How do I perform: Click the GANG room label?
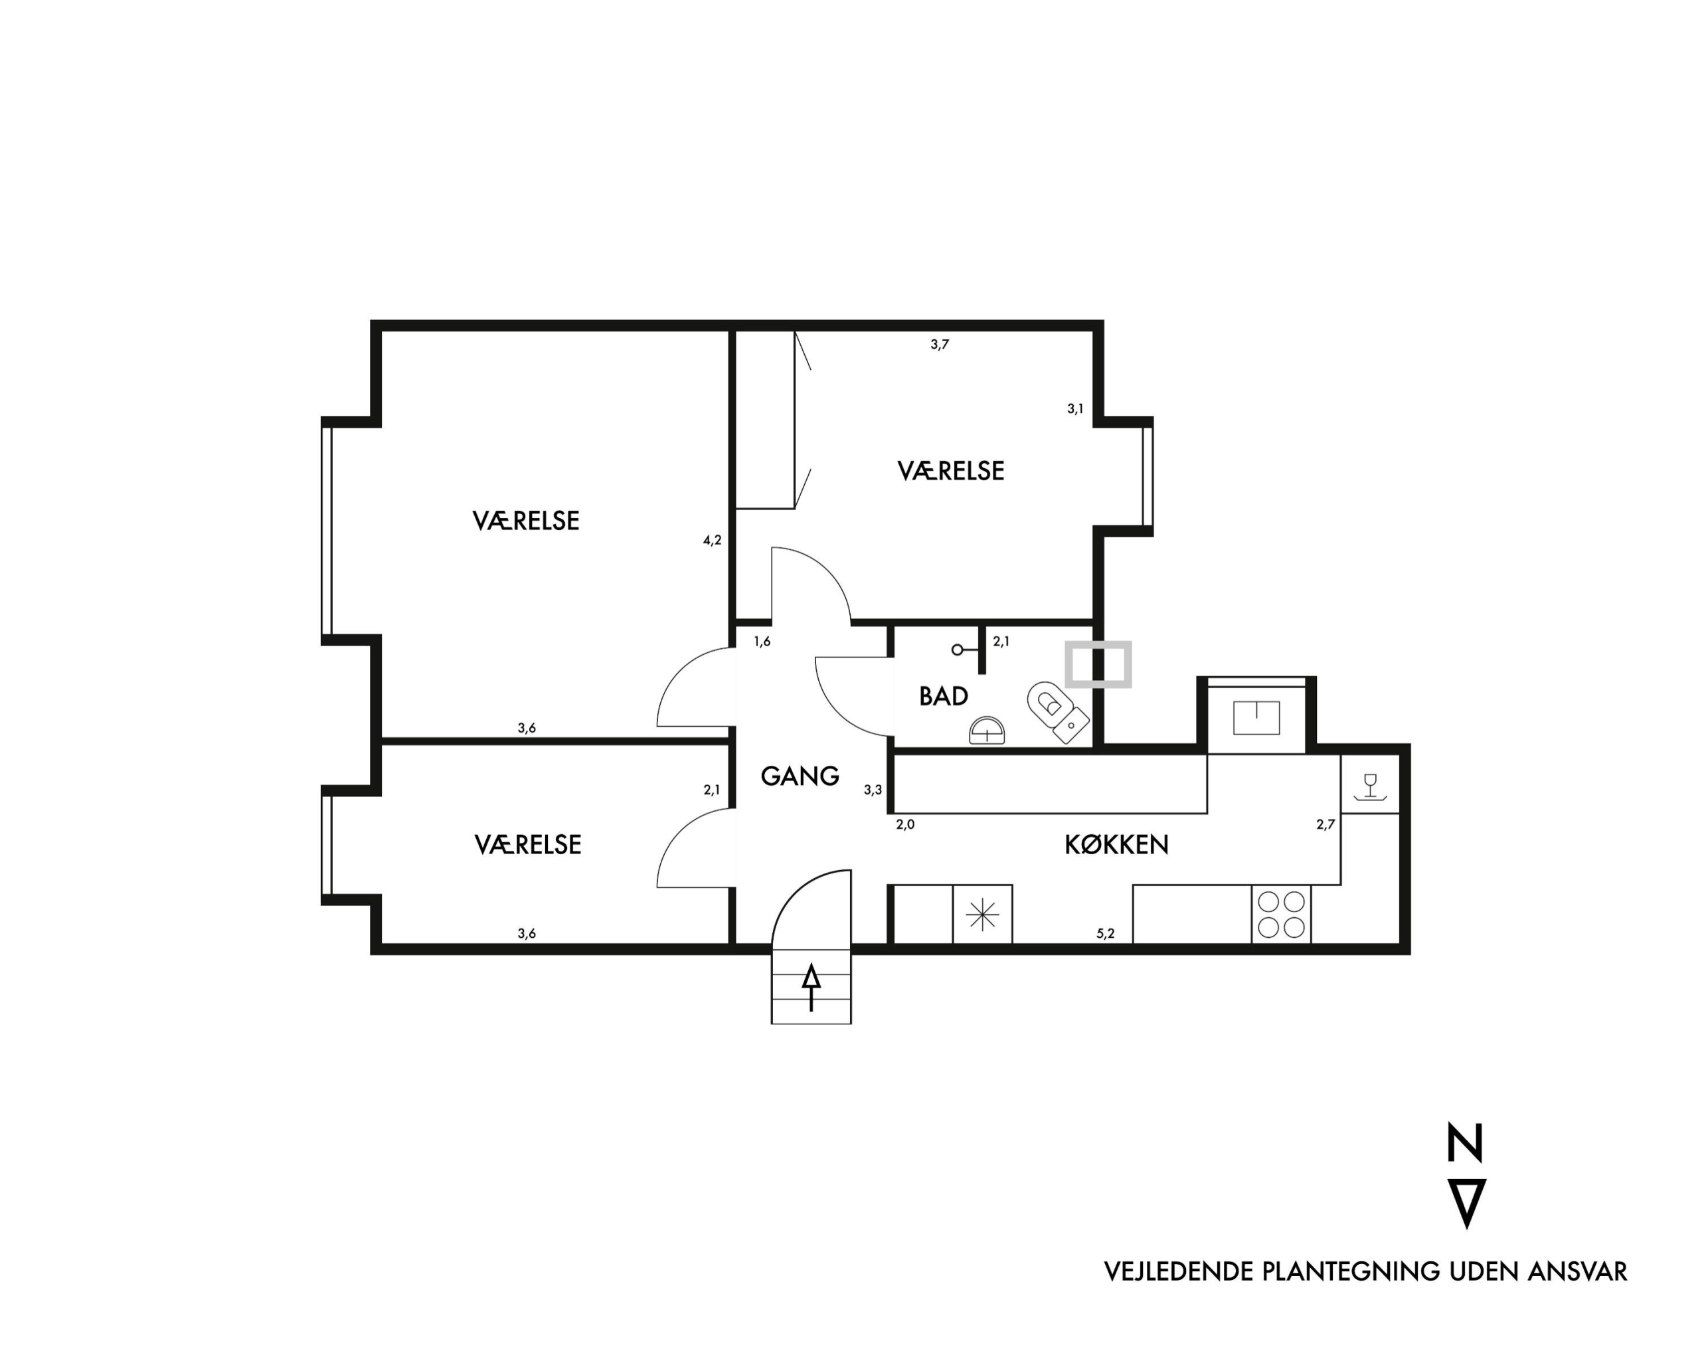[800, 776]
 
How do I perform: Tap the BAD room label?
[944, 696]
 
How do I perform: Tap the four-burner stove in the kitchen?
[1281, 914]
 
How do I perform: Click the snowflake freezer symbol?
[982, 915]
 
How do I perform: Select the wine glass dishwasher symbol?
[1371, 788]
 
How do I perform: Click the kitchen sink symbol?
[1256, 717]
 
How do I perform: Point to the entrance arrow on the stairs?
[811, 988]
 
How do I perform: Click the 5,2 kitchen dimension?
[1106, 933]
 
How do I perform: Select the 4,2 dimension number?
[712, 540]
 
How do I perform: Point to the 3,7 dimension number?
[940, 345]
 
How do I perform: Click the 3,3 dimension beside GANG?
[873, 790]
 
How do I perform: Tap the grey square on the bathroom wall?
[1098, 664]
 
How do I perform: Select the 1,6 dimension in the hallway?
[762, 642]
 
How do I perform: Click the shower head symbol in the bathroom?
[957, 650]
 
